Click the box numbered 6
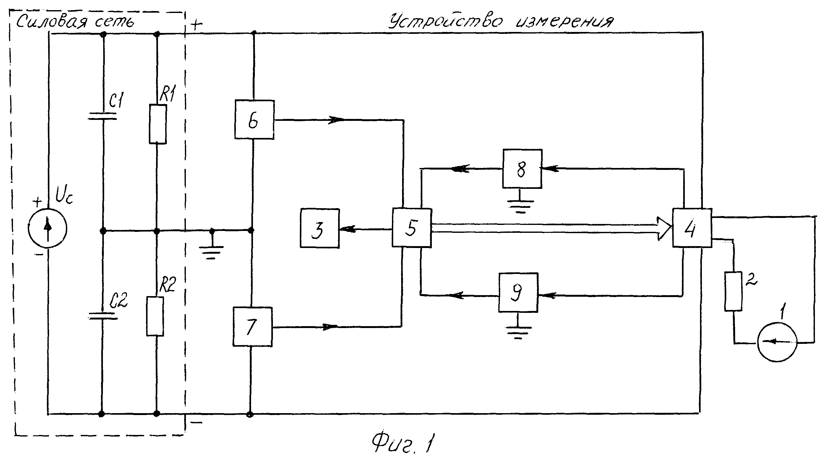click(254, 120)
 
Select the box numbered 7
click(253, 326)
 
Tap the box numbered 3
click(319, 228)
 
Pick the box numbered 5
click(412, 228)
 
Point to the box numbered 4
click(692, 228)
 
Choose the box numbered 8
click(522, 169)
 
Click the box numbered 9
click(518, 292)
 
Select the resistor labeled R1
click(158, 124)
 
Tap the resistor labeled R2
click(155, 316)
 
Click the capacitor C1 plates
click(103, 116)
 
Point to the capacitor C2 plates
click(103, 316)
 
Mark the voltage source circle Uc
click(47, 228)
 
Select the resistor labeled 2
click(733, 291)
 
